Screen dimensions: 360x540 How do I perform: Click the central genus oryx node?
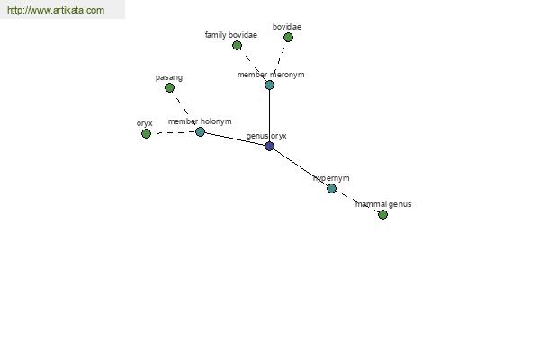pyautogui.click(x=269, y=146)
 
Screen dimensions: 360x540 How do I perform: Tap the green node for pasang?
pyautogui.click(x=169, y=87)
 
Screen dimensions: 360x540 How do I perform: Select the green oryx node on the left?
pyautogui.click(x=146, y=133)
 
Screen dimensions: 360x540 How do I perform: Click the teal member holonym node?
pyautogui.click(x=200, y=131)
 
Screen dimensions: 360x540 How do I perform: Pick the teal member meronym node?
pyautogui.click(x=269, y=85)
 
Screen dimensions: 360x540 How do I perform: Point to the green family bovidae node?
pyautogui.click(x=237, y=45)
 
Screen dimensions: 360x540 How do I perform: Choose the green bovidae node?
pyautogui.click(x=288, y=37)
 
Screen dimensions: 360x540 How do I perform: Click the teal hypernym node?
pyautogui.click(x=331, y=188)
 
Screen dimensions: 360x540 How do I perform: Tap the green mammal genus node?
pyautogui.click(x=382, y=214)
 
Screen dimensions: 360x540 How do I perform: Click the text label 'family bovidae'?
pyautogui.click(x=230, y=35)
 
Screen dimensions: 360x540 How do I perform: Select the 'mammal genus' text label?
pyautogui.click(x=382, y=204)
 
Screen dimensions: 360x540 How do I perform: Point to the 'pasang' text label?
pyautogui.click(x=169, y=77)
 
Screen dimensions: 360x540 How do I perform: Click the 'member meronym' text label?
pyautogui.click(x=271, y=75)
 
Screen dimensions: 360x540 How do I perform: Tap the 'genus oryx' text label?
pyautogui.click(x=266, y=136)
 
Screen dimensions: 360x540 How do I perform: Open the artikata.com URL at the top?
pyautogui.click(x=56, y=11)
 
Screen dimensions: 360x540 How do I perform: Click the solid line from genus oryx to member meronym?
pyautogui.click(x=269, y=115)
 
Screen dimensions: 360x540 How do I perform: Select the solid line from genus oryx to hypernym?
pyautogui.click(x=300, y=166)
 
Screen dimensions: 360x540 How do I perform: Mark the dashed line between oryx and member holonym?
pyautogui.click(x=173, y=132)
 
